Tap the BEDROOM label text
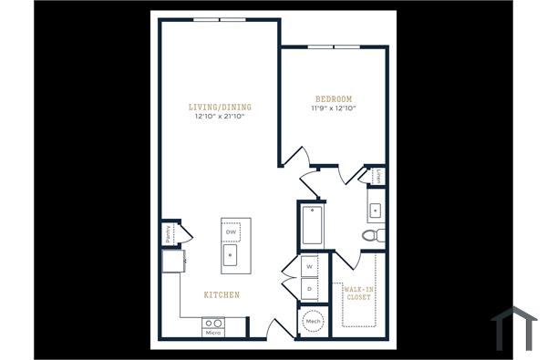pos(333,98)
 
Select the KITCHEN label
pos(222,294)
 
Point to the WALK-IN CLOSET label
pos(358,293)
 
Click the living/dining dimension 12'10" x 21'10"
pos(222,117)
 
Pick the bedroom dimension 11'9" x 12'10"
pos(333,108)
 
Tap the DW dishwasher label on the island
pos(231,232)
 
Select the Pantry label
pos(169,234)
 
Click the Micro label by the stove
pos(212,333)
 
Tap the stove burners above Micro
pos(212,323)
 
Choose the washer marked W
pos(310,266)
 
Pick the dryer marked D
pos(310,289)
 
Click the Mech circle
pos(313,322)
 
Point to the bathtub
pos(312,225)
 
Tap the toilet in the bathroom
pos(372,236)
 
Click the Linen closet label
pos(377,175)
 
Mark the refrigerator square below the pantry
pos(170,262)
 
